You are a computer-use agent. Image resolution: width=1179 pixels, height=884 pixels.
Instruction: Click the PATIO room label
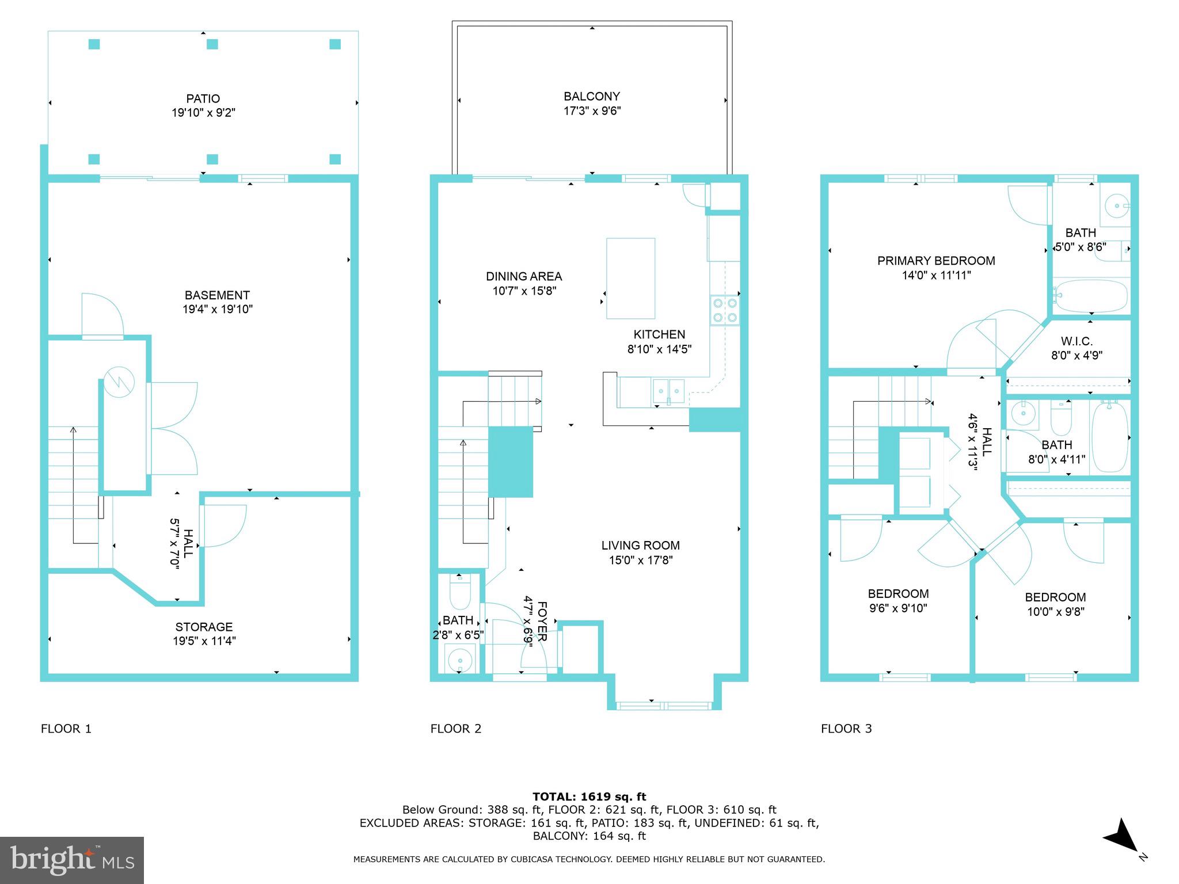coord(203,99)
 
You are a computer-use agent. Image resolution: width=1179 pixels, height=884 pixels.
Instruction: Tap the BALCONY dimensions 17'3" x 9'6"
coord(592,111)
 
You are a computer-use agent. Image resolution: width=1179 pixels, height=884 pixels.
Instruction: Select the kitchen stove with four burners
coord(725,310)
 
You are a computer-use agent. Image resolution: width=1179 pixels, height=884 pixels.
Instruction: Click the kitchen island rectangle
coord(630,279)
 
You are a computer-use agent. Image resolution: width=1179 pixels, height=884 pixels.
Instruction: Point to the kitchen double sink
coord(668,391)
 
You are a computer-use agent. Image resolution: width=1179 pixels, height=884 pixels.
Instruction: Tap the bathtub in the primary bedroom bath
coord(1090,296)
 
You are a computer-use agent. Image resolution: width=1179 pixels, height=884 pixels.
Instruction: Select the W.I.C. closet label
coord(1076,342)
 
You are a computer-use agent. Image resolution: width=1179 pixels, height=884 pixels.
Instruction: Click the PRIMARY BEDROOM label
coord(936,261)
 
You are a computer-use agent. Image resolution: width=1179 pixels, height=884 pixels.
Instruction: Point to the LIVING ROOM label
coord(640,545)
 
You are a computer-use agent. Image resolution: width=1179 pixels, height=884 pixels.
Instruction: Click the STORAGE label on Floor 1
coord(204,627)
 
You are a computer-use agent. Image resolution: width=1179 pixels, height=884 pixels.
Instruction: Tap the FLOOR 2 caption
coord(455,729)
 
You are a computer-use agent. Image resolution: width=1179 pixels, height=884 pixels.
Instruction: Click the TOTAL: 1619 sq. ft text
coord(589,797)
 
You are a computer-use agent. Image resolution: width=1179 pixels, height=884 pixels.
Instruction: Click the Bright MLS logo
coord(72,860)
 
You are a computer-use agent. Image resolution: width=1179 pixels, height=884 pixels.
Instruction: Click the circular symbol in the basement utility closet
coord(119,382)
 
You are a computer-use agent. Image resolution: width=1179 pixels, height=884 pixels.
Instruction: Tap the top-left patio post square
coord(94,44)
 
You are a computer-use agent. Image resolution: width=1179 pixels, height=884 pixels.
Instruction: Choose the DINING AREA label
coord(523,277)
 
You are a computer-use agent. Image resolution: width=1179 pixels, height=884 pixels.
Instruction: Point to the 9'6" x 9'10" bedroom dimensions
coord(898,608)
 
